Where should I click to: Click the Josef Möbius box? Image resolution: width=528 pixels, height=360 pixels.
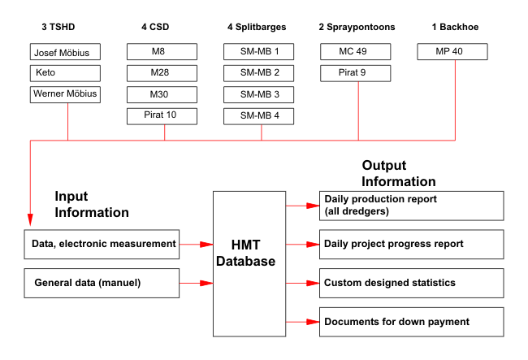click(x=65, y=51)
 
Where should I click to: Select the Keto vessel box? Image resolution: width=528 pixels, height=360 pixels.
click(x=65, y=73)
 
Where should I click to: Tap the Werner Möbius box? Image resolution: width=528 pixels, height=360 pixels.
click(x=65, y=94)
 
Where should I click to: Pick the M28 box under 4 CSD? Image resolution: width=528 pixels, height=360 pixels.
click(x=162, y=73)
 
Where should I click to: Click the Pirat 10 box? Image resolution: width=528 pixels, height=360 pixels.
click(x=162, y=116)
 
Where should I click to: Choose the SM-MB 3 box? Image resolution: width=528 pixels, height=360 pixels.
click(x=258, y=94)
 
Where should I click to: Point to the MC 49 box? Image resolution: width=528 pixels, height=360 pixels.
click(x=356, y=51)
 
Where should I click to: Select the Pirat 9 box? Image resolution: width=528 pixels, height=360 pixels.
click(x=356, y=73)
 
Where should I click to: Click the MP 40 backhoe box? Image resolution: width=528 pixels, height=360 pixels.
click(x=452, y=51)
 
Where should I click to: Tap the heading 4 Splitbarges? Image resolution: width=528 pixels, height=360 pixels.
click(x=257, y=27)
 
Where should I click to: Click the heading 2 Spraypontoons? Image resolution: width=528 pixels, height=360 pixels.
click(x=357, y=27)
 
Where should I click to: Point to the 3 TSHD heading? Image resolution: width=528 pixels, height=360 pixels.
click(x=58, y=27)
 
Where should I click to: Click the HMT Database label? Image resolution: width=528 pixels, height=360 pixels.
click(x=246, y=253)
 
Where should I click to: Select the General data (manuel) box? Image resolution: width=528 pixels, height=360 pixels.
click(x=102, y=284)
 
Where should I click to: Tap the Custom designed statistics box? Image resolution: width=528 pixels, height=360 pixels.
click(x=412, y=284)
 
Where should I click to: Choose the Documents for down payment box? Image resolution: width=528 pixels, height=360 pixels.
click(x=412, y=322)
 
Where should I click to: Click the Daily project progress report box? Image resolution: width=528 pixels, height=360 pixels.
click(x=412, y=244)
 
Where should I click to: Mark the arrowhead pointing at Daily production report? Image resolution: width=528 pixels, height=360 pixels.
click(x=313, y=206)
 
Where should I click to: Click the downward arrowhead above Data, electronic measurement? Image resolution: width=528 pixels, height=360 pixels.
click(x=30, y=219)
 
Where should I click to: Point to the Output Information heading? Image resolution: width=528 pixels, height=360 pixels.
click(x=399, y=173)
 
